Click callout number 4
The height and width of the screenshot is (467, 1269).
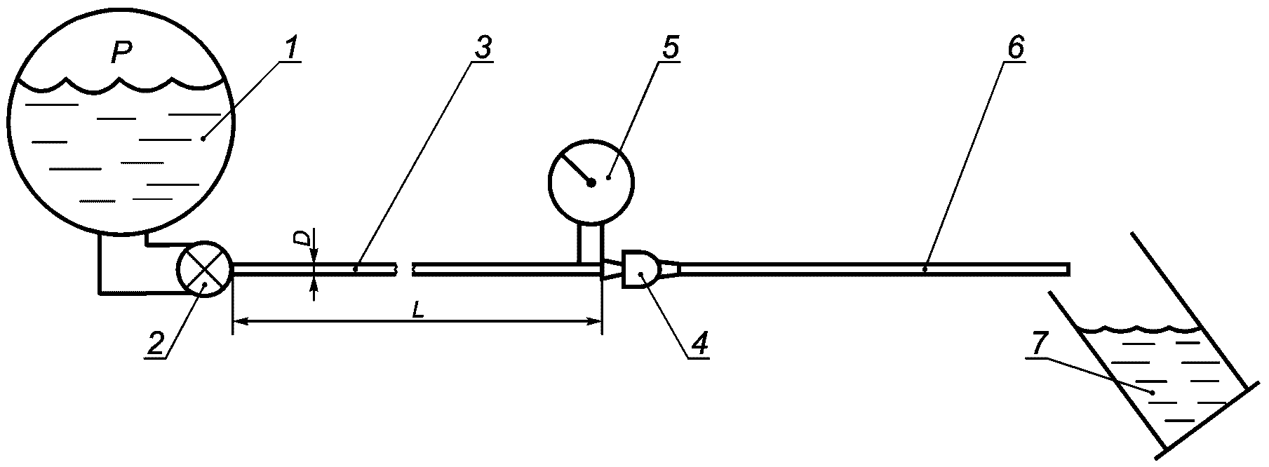tap(699, 342)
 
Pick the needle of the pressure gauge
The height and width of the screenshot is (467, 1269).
tap(576, 168)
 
